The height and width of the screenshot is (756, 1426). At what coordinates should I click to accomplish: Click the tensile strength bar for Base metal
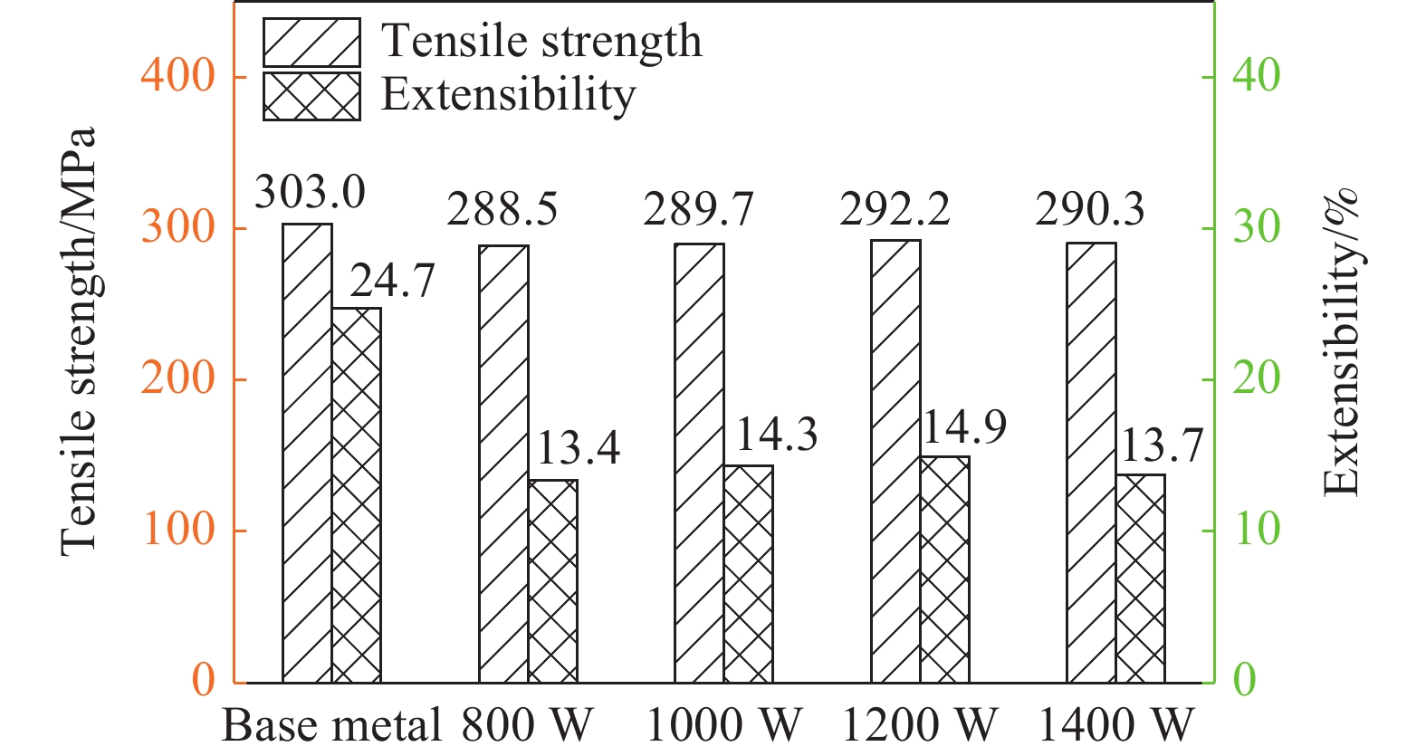click(307, 453)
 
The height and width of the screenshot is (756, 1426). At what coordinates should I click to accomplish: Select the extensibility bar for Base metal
click(356, 495)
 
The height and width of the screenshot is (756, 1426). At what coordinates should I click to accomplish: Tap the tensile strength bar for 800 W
click(503, 464)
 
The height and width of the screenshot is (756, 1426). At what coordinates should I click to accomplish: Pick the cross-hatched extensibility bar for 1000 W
click(749, 574)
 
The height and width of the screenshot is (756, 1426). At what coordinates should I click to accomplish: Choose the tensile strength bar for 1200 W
click(895, 461)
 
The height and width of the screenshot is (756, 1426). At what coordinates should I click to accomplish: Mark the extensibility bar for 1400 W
click(1140, 579)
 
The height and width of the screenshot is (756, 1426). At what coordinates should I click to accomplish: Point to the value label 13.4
click(578, 448)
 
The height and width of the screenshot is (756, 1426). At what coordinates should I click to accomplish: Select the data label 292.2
click(895, 210)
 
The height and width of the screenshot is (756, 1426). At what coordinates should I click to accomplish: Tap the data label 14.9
click(963, 426)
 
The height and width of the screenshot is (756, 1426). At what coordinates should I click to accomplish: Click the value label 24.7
click(392, 282)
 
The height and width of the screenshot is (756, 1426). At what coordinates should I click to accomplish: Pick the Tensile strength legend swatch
click(311, 43)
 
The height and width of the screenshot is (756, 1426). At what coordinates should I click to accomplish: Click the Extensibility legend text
click(508, 94)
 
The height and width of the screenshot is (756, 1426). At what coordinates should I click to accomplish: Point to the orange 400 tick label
click(178, 76)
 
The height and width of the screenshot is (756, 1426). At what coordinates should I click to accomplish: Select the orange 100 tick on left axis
click(178, 530)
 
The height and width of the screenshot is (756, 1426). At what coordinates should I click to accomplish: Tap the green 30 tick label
click(1257, 227)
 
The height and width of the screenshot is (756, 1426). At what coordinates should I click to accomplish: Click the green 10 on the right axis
click(1257, 530)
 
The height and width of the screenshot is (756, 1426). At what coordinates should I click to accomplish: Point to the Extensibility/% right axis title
click(1341, 341)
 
